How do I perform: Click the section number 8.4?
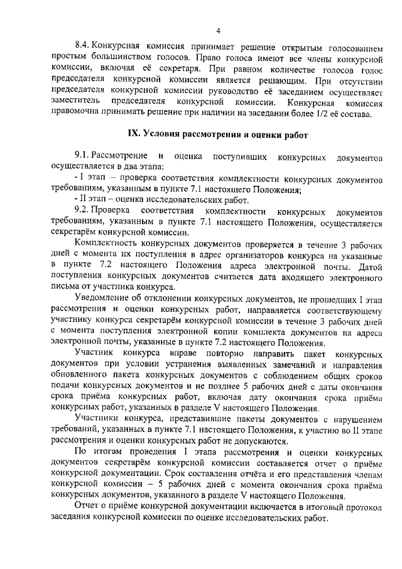[x=83, y=47]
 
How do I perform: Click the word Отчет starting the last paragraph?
[x=86, y=508]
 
